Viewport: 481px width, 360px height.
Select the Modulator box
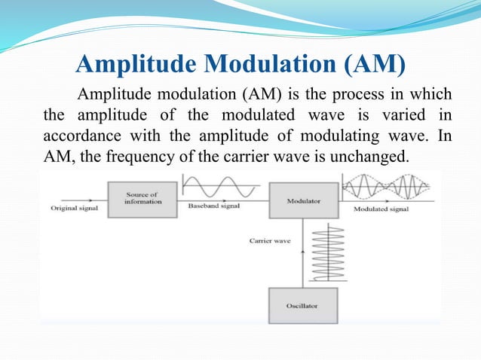pyautogui.click(x=303, y=201)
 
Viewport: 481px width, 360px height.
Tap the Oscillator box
pyautogui.click(x=303, y=306)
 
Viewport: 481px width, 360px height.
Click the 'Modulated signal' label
pyautogui.click(x=381, y=209)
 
